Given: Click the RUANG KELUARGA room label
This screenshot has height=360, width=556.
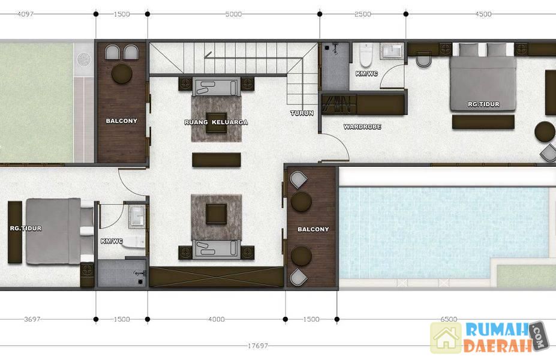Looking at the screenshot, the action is pos(216,122).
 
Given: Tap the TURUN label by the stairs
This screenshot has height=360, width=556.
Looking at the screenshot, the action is pos(302,113).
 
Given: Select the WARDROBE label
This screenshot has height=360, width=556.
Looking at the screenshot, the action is pos(362,127).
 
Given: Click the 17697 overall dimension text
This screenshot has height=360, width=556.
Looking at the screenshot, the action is pos(258,346).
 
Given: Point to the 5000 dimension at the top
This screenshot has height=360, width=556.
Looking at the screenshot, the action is pos(233,14).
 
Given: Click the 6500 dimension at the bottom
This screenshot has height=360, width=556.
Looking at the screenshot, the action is pos(449,319).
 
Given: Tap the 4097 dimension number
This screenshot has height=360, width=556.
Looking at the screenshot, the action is pos(25,14).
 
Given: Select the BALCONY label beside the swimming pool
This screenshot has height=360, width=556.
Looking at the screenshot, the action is pos(313,229).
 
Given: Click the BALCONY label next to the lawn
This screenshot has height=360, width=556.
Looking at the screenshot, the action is pos(122,121).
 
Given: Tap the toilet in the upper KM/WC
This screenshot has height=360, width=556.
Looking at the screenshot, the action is pos(366,55).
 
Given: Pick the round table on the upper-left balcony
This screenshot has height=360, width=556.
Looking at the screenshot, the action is pos(122,73).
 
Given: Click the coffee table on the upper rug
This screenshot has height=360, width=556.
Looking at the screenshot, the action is pos(217,122).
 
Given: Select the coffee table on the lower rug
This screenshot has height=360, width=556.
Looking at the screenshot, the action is pos(217,214).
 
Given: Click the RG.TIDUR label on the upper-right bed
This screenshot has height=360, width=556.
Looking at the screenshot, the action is pos(483,104).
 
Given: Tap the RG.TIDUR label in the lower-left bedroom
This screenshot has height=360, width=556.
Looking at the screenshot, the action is pos(26,229).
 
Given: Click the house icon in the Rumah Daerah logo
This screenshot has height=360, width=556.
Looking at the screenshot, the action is pos(446,338).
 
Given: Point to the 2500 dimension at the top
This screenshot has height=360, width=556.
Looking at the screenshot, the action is pos(363,14).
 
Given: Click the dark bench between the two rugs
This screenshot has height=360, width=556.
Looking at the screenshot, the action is pos(217,160).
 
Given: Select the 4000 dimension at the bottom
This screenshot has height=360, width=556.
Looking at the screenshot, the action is pos(217,319).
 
